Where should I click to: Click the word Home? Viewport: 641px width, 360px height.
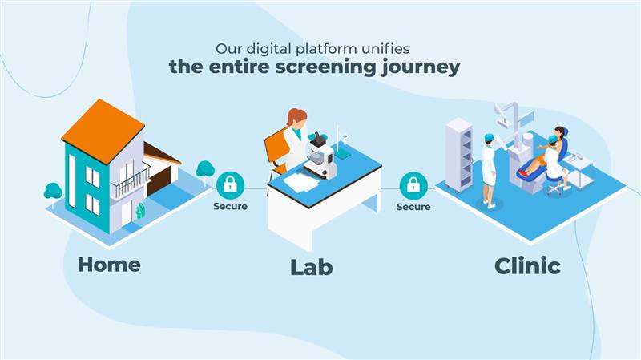pos(109,264)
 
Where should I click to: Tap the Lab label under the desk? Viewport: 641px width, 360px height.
pos(311,267)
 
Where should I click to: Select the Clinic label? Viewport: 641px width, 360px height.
pos(526,265)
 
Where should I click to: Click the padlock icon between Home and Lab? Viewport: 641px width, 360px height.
pos(230,185)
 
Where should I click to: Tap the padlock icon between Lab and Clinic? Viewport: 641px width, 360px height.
pos(413,185)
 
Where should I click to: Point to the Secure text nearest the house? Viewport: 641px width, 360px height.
pos(230,206)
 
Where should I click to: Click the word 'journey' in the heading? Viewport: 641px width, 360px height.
pos(418,67)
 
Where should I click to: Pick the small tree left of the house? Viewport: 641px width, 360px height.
pos(53,192)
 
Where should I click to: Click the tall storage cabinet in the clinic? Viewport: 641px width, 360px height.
pos(458,155)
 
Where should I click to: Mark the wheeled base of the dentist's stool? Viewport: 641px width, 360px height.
pos(555,190)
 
